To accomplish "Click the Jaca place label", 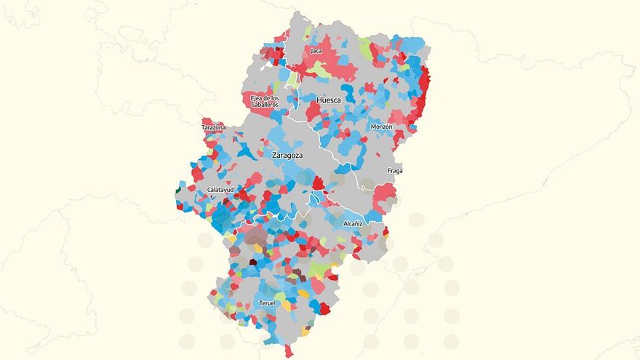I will tap(316, 51).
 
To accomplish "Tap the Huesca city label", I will tap(329, 100).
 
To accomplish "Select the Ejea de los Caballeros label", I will tap(265, 101).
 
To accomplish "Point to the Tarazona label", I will tap(213, 127).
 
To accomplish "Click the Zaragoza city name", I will tap(287, 155).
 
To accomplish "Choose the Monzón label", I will tap(381, 127).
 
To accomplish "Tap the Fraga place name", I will tap(395, 171).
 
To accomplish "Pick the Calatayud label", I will tap(220, 190).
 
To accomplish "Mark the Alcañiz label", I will tap(353, 223).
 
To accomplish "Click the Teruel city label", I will tap(267, 303).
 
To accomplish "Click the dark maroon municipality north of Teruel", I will tap(253, 262).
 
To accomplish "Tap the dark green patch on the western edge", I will tap(178, 191).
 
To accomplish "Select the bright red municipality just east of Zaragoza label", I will tap(318, 182).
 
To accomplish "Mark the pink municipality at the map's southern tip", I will tap(289, 351).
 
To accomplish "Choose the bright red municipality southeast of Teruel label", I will tap(324, 308).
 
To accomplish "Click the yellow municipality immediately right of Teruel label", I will tap(286, 306).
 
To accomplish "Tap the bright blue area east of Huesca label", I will tap(349, 93).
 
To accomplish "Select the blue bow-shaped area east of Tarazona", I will tap(247, 151).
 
